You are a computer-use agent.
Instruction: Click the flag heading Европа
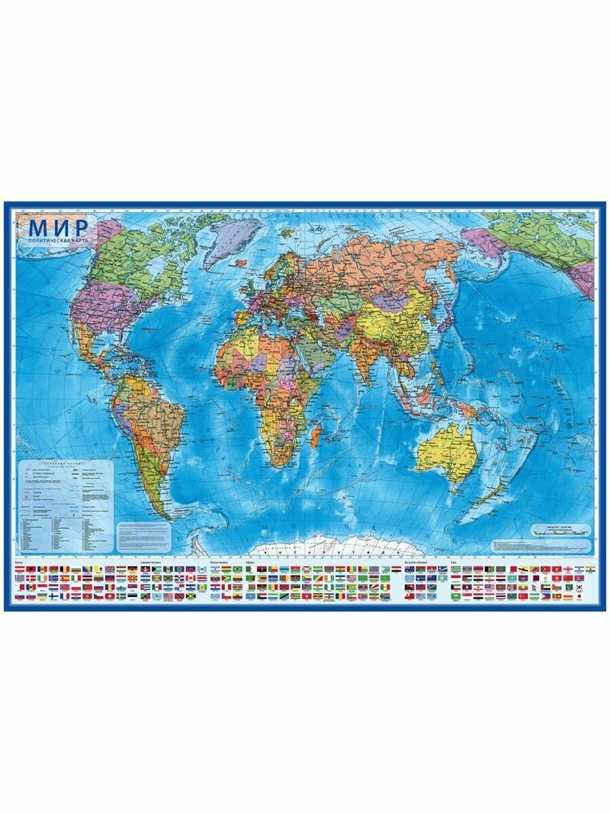coord(19,562)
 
